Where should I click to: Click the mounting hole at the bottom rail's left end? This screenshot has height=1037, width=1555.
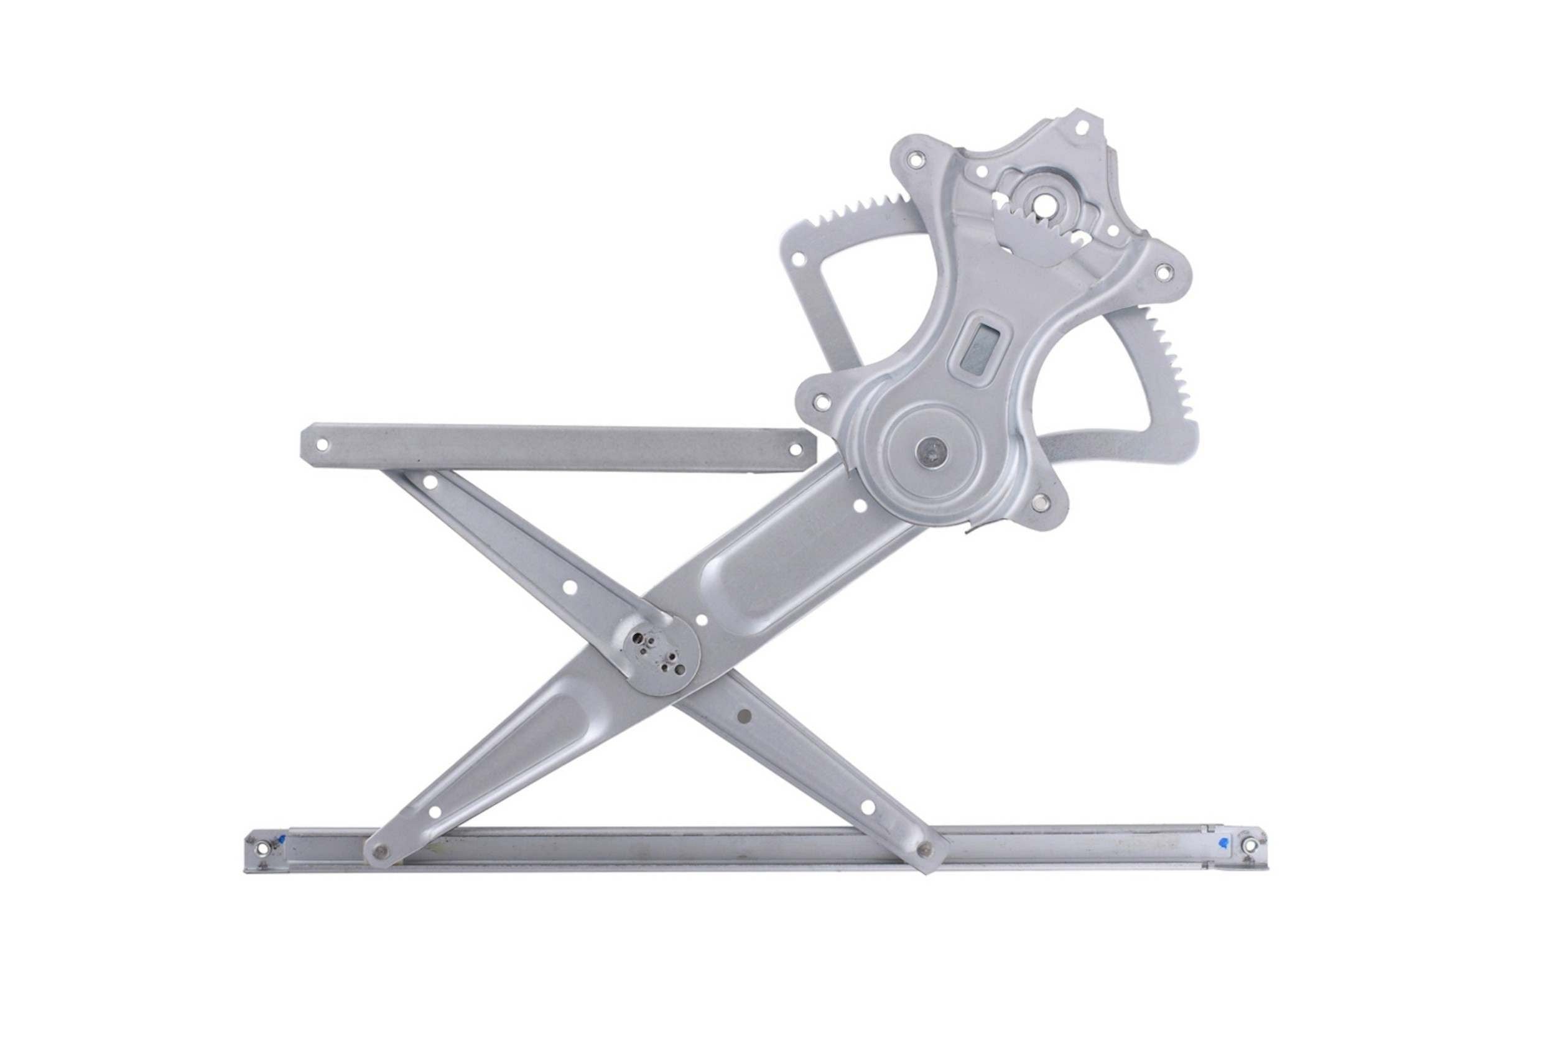pos(263,847)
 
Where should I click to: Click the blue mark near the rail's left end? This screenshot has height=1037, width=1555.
pos(282,840)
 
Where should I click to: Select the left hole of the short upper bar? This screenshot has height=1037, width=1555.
pos(322,444)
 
